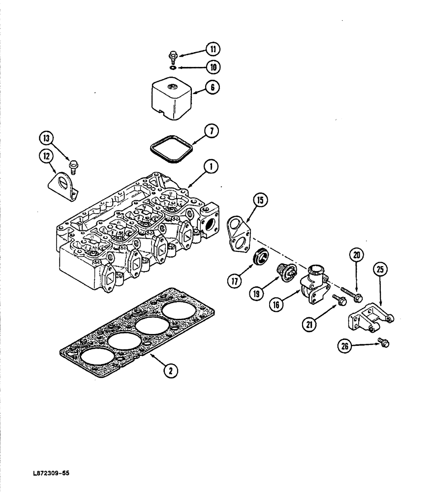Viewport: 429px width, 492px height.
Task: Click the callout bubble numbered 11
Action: tap(213, 49)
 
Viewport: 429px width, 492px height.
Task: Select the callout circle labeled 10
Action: tap(213, 66)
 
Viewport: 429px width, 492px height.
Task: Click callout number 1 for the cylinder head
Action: tap(211, 168)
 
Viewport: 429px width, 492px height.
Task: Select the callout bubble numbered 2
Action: tap(170, 372)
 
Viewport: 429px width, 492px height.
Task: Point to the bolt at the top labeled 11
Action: tap(174, 56)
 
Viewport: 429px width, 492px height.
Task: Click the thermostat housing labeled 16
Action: tap(315, 283)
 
